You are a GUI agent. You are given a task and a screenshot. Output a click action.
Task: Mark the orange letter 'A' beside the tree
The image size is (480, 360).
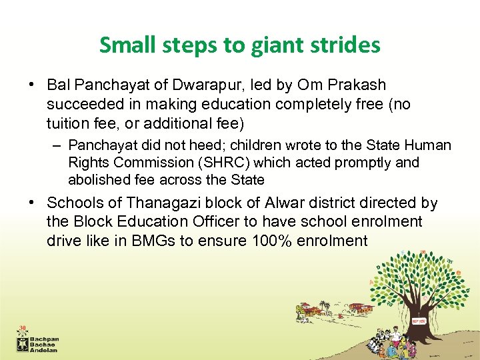click(x=372, y=283)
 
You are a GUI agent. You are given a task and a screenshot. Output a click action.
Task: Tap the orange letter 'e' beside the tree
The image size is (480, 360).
click(x=458, y=273)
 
